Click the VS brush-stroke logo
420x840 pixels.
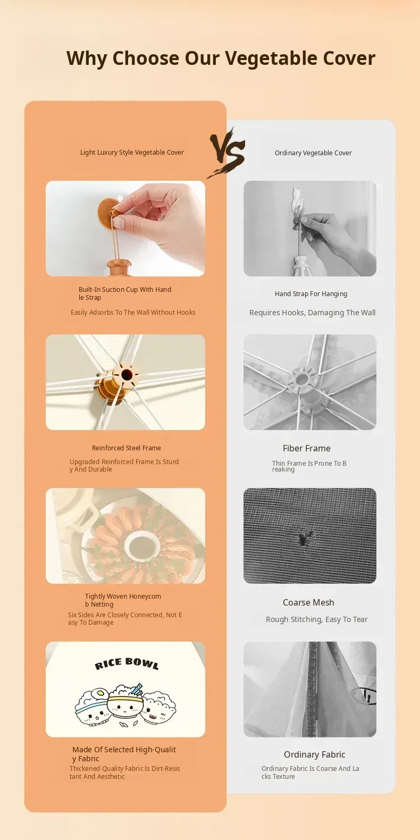pyautogui.click(x=226, y=153)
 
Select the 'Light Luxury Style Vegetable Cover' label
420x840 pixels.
pyautogui.click(x=132, y=152)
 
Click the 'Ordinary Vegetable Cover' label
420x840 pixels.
pyautogui.click(x=313, y=153)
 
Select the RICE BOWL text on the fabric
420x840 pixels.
pyautogui.click(x=127, y=663)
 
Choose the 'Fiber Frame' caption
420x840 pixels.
pyautogui.click(x=307, y=448)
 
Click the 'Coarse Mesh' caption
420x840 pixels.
pyautogui.click(x=308, y=602)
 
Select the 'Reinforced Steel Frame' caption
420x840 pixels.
pyautogui.click(x=127, y=448)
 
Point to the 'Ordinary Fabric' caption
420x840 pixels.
pyautogui.click(x=315, y=754)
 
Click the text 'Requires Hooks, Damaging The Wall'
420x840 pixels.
pyautogui.click(x=313, y=313)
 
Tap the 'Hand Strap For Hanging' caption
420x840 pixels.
pyautogui.click(x=311, y=293)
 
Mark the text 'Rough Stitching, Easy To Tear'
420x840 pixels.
pyautogui.click(x=316, y=619)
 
